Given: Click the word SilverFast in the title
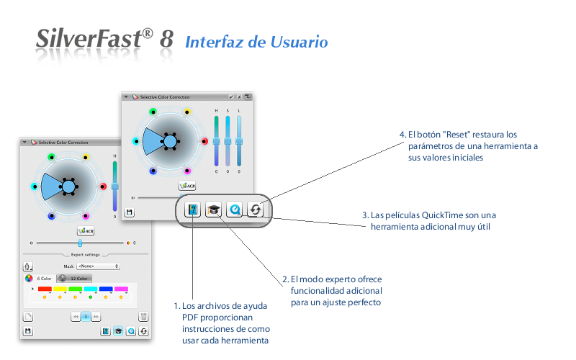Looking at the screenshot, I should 86,40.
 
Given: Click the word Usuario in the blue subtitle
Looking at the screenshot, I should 299,42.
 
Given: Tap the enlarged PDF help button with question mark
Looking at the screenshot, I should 192,210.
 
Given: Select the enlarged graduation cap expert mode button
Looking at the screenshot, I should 213,210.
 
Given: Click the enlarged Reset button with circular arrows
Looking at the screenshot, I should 256,210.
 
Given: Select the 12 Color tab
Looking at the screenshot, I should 78,278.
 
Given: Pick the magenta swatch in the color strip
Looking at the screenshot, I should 121,289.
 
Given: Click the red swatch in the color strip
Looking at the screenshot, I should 45,289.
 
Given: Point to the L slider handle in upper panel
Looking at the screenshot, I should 239,141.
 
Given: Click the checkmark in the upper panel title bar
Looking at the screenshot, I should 231,96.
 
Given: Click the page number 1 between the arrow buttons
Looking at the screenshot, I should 86,317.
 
